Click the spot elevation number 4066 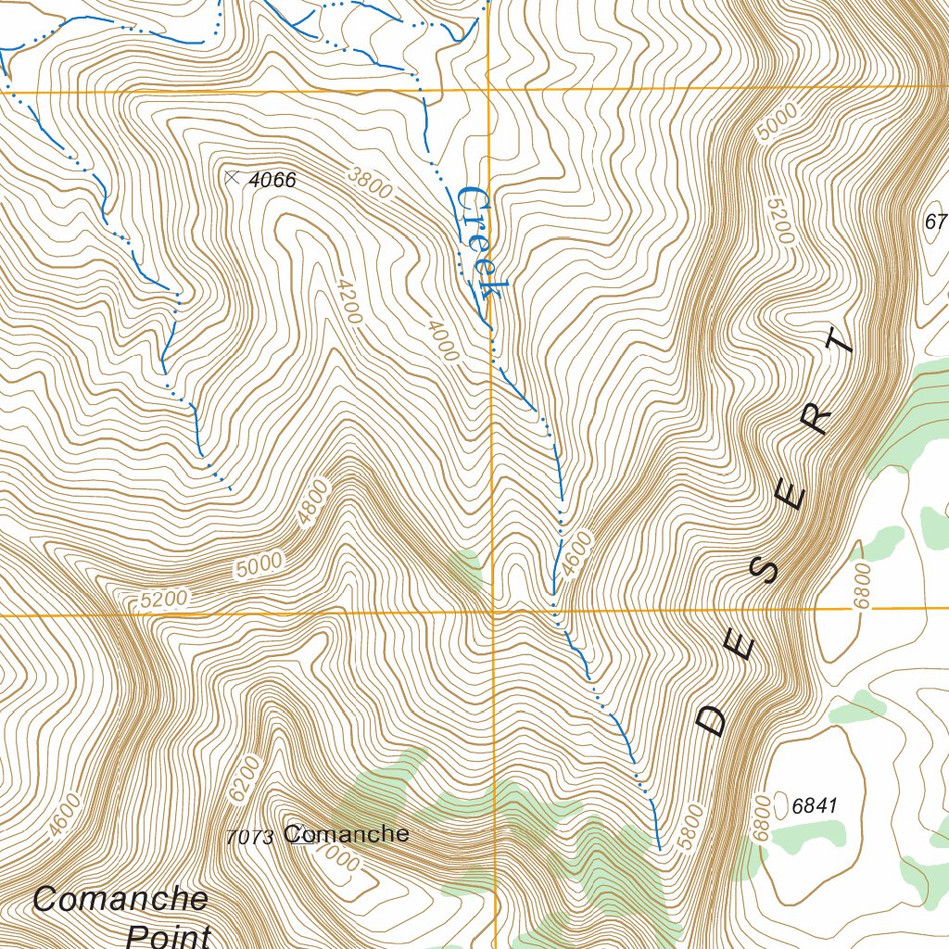273,180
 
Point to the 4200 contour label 348,302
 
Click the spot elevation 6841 815,806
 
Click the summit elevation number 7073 249,838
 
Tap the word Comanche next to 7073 347,834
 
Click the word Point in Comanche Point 168,934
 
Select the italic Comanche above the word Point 120,899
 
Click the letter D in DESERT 713,719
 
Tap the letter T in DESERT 840,342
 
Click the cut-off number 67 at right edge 936,221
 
